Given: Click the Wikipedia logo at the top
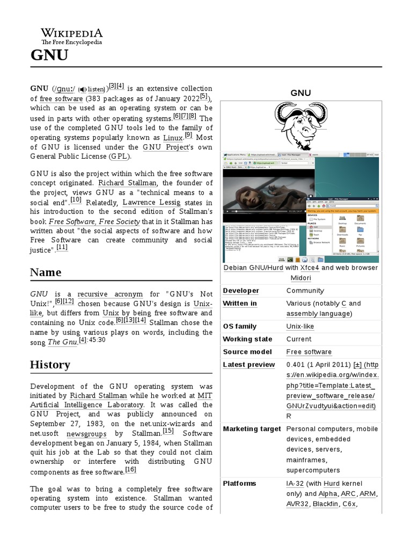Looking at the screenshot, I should pos(72,35).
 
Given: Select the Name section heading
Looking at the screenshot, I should pos(46,272).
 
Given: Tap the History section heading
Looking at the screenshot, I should pos(50,365).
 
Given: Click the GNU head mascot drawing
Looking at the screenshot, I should pos(300,125).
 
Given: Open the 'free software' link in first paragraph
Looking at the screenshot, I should pos(61,99).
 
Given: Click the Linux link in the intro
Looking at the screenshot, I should pos(172,138).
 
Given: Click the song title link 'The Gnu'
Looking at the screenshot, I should pos(62,342).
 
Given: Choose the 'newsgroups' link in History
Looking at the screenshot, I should pos(84,433).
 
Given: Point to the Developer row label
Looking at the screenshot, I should pos(241,291).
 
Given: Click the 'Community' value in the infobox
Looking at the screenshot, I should pos(305,291).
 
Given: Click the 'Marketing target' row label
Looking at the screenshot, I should pos(252,429).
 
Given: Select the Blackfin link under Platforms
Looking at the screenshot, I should pos(325,504).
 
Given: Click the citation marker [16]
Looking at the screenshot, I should pos(130,470).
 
